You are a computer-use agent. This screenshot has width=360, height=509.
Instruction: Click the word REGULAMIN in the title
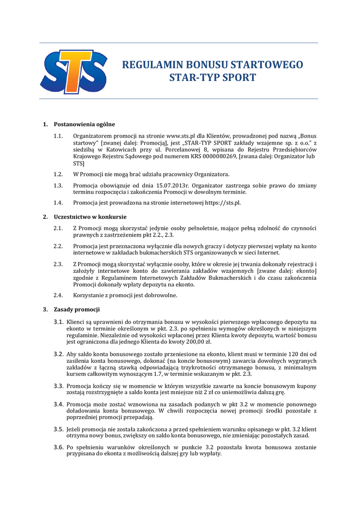click(x=152, y=65)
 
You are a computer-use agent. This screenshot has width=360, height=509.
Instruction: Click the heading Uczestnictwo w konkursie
click(x=90, y=217)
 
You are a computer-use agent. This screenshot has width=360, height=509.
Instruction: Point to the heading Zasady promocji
click(x=77, y=310)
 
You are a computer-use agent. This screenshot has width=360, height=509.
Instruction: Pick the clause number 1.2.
click(x=58, y=174)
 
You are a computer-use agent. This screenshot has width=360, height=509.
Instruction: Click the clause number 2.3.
click(x=58, y=264)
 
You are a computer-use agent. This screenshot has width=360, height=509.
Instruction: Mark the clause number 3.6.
click(x=58, y=447)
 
